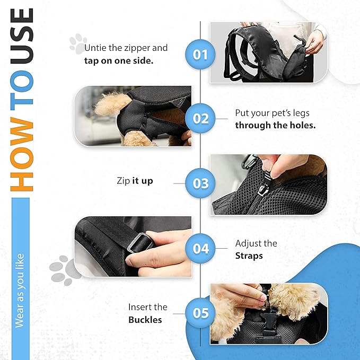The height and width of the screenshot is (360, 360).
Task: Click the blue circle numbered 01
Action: (200, 55)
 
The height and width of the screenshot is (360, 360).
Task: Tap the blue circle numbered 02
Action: (200, 118)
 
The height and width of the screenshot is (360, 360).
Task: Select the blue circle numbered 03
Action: (200, 183)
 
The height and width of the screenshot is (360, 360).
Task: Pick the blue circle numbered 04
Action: (200, 249)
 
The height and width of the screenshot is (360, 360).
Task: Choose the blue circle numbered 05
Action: (200, 313)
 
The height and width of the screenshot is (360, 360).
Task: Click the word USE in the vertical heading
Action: (22, 36)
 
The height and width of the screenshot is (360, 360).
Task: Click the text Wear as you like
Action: (20, 291)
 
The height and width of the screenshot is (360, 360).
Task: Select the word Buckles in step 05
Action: (145, 320)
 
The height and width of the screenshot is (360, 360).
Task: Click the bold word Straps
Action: (249, 256)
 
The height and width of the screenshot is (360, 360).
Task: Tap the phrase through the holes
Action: (275, 125)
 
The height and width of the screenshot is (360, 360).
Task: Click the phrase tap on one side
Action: (119, 61)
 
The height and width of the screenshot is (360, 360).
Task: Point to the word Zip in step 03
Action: (124, 181)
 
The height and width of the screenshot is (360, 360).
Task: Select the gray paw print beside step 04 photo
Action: (65, 270)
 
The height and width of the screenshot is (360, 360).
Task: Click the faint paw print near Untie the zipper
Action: (77, 43)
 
